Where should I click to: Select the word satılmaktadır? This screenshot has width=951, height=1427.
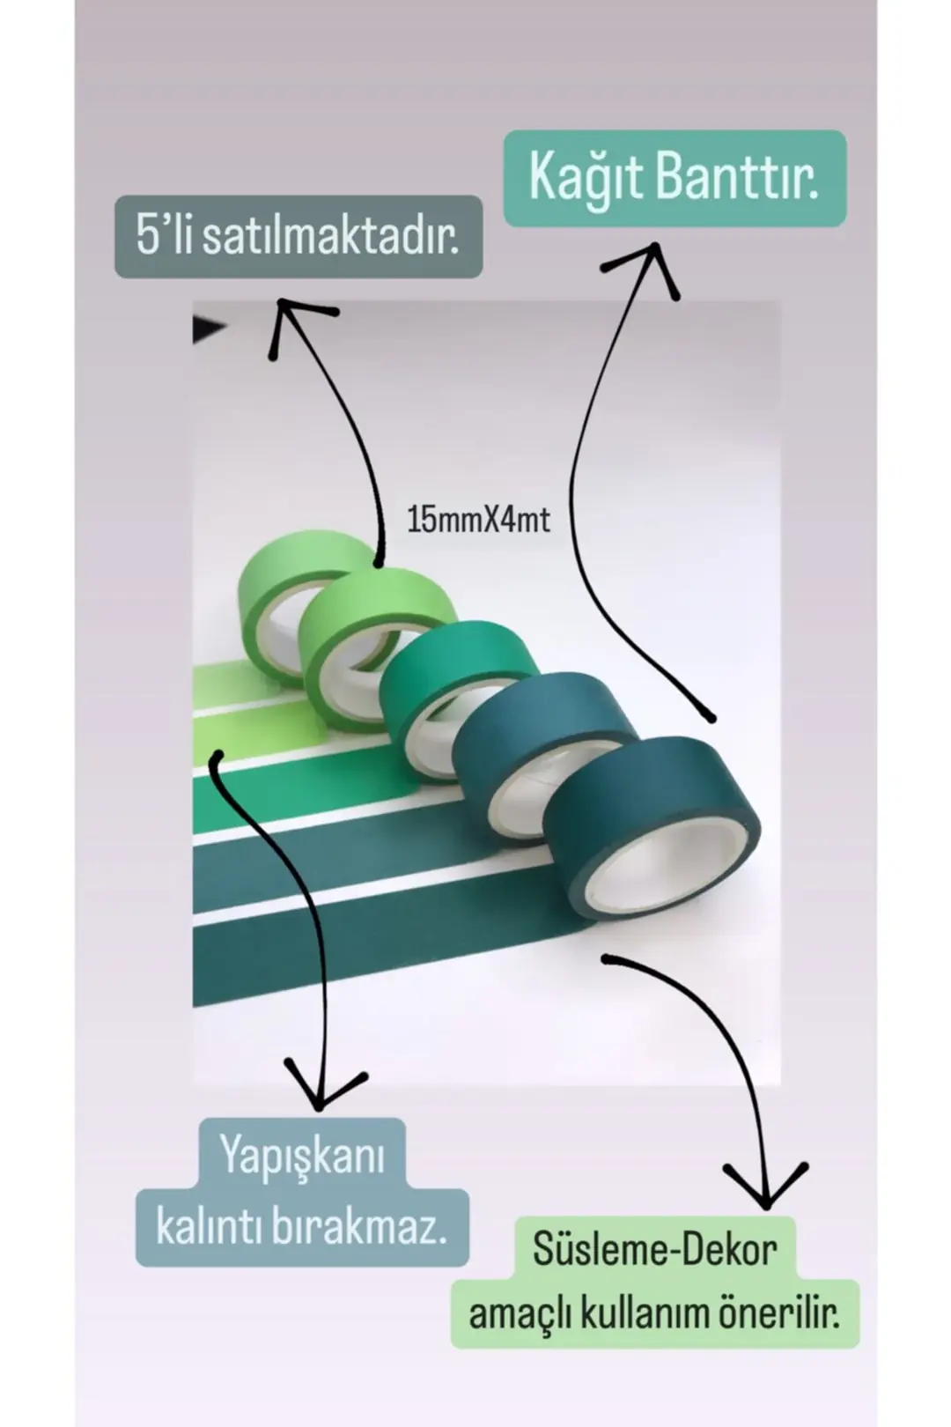point(330,237)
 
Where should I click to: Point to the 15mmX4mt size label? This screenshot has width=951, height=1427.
point(478,520)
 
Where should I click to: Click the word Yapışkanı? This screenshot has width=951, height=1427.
point(302,1155)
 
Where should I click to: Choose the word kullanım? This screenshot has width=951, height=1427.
point(635,1313)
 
